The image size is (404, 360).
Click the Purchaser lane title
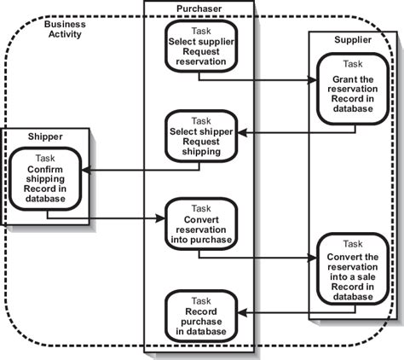pos(199,8)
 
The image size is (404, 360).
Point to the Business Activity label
pos(65,29)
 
